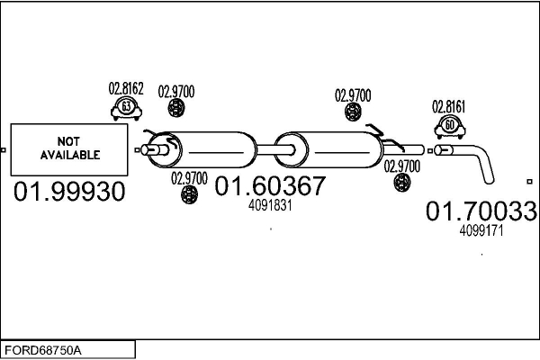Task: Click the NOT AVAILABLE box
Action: (x=69, y=149)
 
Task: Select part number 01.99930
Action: (x=69, y=192)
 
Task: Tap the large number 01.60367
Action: (x=270, y=185)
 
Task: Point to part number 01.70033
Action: (x=481, y=211)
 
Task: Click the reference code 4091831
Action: (x=270, y=206)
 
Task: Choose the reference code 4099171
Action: (x=481, y=230)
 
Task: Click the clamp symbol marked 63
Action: (x=126, y=108)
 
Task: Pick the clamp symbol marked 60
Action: (x=450, y=127)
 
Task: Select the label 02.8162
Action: (x=126, y=88)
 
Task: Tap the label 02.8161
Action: (x=449, y=107)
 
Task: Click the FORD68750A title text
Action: (x=43, y=351)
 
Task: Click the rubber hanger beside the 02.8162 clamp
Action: (x=176, y=108)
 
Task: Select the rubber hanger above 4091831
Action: (x=189, y=194)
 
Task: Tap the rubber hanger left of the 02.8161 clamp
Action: (x=353, y=112)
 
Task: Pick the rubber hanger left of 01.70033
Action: (x=402, y=182)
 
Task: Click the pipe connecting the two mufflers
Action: (x=274, y=150)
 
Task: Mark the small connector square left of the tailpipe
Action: (x=430, y=151)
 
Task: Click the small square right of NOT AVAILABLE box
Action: (x=137, y=150)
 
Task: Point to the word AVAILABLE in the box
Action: (x=70, y=155)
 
